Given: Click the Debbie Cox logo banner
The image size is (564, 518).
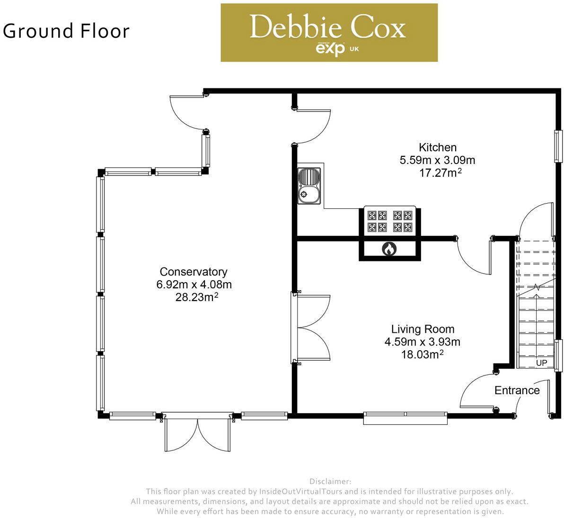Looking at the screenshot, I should [x=329, y=33].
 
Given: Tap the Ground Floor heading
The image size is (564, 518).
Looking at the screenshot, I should [x=66, y=31].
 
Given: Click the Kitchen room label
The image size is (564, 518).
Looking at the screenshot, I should [x=438, y=147].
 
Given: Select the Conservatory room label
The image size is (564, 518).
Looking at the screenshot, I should [x=194, y=272].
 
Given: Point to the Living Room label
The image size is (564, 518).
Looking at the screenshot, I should [x=423, y=329].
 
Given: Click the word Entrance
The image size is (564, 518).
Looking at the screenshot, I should [x=517, y=390].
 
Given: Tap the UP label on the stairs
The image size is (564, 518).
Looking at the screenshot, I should [x=541, y=363].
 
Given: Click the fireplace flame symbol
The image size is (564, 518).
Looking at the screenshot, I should [x=389, y=249].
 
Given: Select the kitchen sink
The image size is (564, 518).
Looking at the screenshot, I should [x=308, y=185].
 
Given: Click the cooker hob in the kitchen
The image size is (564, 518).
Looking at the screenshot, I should [x=389, y=221].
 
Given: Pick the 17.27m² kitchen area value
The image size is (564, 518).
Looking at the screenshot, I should [x=440, y=173].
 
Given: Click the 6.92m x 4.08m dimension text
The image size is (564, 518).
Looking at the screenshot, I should [x=194, y=285].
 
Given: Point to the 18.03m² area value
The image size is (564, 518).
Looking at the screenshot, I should [x=422, y=354].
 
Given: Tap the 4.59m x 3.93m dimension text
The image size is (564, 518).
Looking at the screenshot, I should [x=423, y=342].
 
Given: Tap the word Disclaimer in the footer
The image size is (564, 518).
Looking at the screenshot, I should [x=330, y=482].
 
